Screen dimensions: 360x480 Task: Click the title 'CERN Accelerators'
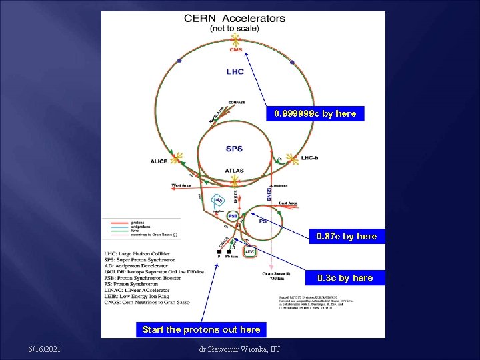[234, 19]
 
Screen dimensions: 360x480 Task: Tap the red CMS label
[236, 49]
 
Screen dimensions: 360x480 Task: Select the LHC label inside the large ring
[235, 71]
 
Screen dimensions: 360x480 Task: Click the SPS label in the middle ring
[234, 149]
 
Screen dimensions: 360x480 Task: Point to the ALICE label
[159, 161]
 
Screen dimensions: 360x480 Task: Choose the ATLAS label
[234, 171]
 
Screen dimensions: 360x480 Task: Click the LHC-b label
[311, 158]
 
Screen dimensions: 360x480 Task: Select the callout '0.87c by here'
[346, 236]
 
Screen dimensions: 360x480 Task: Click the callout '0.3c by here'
[345, 277]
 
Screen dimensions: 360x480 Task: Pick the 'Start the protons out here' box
[201, 329]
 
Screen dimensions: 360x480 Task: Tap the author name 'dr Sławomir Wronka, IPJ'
[239, 349]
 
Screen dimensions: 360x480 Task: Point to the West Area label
[181, 185]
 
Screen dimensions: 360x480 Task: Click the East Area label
[287, 203]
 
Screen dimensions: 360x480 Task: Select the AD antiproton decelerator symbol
[219, 201]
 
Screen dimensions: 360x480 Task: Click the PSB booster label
[233, 216]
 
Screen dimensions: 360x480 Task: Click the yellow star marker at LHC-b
[291, 159]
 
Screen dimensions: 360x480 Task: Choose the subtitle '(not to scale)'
[234, 29]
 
